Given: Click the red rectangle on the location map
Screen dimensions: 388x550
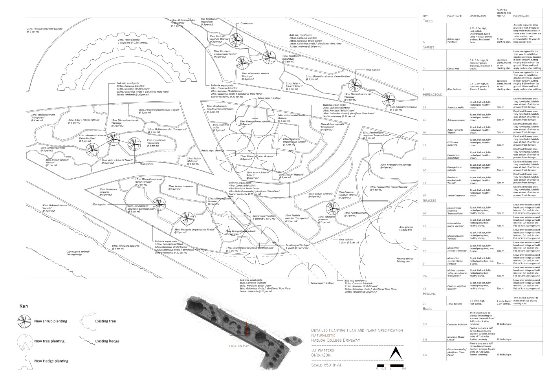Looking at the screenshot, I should tap(238, 329).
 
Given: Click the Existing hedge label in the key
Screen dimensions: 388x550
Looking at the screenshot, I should tap(107, 341).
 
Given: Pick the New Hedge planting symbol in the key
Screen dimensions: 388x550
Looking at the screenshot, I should tap(25, 362).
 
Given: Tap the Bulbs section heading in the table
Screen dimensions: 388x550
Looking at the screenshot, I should tap(428, 309).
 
